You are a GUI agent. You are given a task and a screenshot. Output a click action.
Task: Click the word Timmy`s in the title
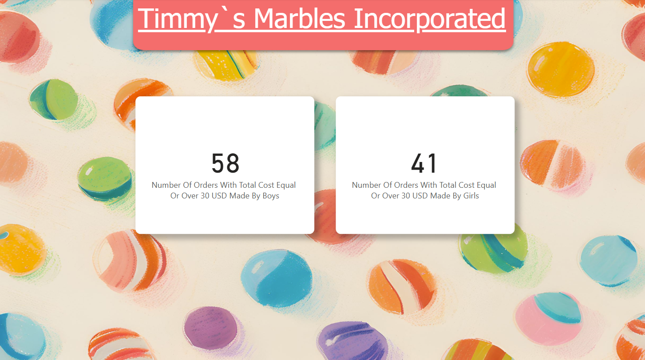[192, 19]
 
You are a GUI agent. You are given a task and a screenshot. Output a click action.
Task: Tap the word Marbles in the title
[300, 18]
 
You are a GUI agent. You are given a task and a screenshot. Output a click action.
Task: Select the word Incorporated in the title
[430, 19]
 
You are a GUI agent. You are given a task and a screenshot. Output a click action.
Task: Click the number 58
[225, 163]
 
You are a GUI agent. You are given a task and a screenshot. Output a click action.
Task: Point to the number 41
[424, 163]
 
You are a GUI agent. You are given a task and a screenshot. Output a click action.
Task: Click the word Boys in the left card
[271, 196]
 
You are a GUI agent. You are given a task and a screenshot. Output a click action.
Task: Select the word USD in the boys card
[219, 196]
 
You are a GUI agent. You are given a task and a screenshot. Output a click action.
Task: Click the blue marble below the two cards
[277, 278]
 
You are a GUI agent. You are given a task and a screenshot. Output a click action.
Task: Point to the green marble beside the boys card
[105, 178]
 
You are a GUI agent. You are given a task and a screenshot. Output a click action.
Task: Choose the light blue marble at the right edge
[608, 261]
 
